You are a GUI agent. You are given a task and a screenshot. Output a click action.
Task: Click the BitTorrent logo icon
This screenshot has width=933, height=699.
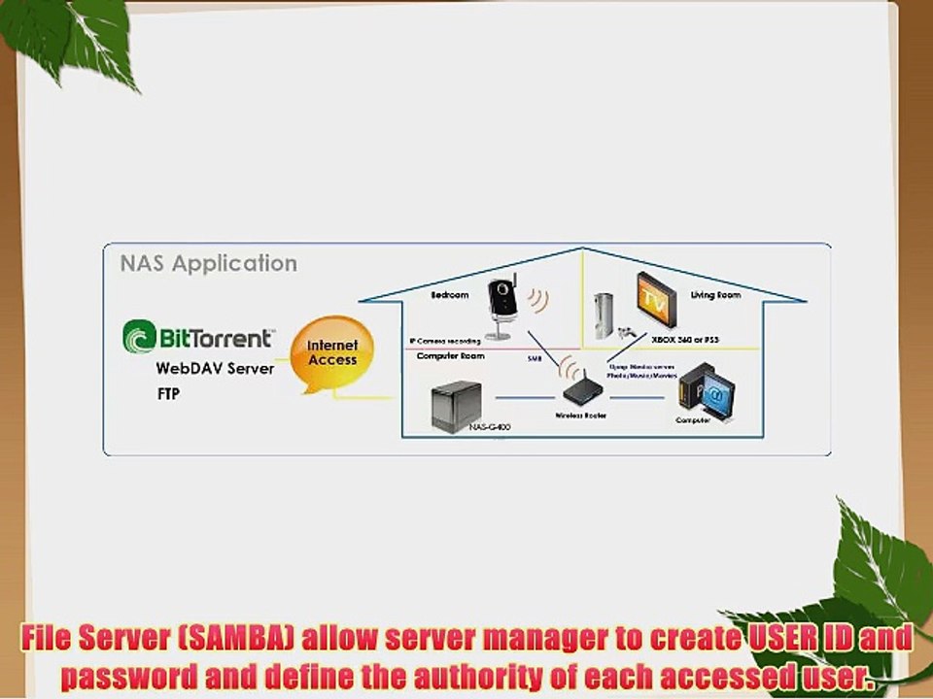(x=139, y=337)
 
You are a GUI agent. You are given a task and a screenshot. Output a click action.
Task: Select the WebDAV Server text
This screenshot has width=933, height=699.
(x=215, y=369)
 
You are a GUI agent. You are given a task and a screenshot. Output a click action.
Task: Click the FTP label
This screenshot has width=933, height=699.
(x=169, y=395)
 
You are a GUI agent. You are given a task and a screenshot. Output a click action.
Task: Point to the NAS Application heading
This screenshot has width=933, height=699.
(x=208, y=264)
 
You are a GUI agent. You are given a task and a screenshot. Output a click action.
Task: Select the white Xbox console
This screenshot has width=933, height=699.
(x=605, y=316)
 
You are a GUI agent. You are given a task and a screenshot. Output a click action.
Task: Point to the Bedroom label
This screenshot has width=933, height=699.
(x=449, y=294)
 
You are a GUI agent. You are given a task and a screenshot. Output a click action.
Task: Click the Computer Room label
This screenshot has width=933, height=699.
(x=450, y=356)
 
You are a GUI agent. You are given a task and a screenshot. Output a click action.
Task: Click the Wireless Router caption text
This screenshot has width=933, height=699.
(x=581, y=416)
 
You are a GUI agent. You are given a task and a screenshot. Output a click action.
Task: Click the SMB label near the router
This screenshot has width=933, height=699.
(x=534, y=359)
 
